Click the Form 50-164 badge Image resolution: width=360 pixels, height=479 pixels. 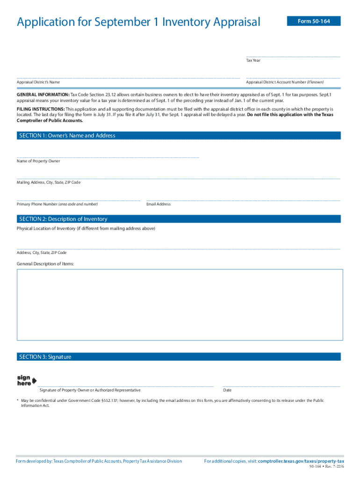(314, 21)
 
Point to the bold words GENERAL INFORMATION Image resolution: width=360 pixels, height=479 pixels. (43, 94)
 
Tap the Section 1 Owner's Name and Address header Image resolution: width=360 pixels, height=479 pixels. (67, 136)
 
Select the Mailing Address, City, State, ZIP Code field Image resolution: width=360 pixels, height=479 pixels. (178, 176)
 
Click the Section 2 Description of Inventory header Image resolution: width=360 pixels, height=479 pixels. (63, 219)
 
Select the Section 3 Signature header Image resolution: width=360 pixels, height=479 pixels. (45, 357)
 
